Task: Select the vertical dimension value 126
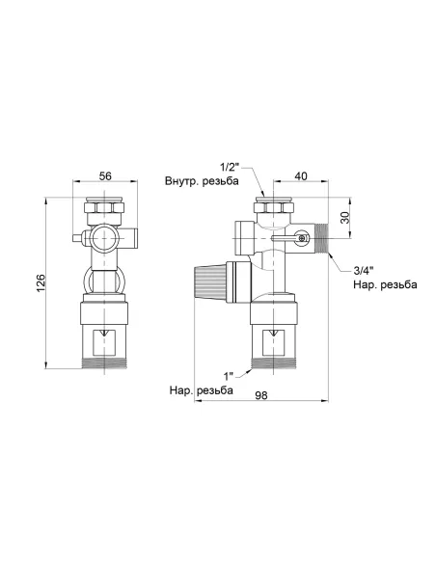pos(40,282)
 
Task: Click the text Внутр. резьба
pos(201,183)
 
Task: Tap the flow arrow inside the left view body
pos(106,337)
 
